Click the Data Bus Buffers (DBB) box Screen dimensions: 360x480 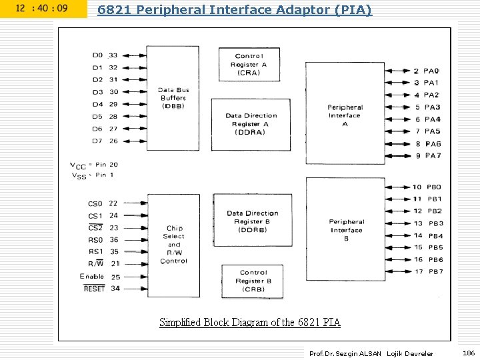173,98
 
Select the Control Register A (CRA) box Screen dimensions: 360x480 250,64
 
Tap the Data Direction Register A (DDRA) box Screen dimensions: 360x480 251,124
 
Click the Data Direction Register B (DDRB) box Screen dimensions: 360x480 252,221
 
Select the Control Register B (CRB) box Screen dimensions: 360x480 253,281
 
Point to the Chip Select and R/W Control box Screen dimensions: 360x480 173,245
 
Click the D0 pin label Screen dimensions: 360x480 97,55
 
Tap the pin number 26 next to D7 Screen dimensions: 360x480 113,141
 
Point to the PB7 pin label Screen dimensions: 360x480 436,271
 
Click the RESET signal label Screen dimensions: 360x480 94,289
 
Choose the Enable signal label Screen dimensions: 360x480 92,276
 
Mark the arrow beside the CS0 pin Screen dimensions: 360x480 135,203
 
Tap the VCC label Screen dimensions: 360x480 78,165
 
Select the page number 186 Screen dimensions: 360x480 469,353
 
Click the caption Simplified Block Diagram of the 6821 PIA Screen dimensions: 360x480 250,323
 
